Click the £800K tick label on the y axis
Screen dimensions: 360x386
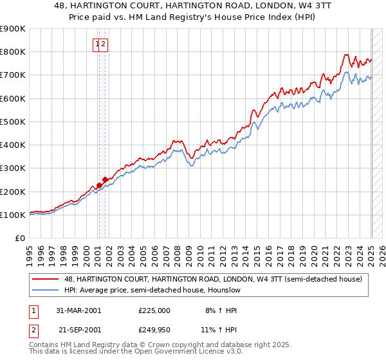[13, 52]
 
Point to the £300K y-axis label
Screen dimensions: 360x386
[13, 168]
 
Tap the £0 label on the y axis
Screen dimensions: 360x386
[19, 239]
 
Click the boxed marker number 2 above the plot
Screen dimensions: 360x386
[103, 44]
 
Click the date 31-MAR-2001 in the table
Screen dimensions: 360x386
[78, 310]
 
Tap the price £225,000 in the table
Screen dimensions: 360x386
[154, 310]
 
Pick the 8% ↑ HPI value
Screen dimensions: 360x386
[221, 310]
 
